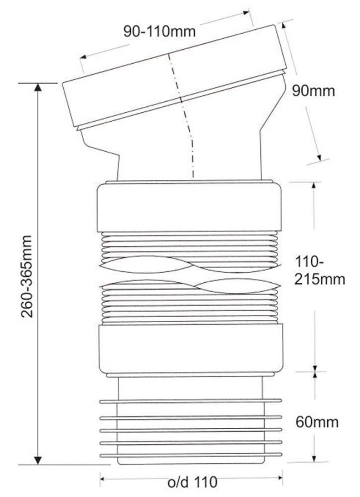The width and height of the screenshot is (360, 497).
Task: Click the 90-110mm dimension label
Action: pos(159,32)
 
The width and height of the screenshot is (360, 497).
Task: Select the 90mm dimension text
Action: pos(313,91)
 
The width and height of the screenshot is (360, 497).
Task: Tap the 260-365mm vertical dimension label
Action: pos(27,276)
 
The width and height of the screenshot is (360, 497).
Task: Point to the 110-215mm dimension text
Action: pos(320,271)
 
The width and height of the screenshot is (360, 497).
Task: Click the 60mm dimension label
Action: pos(317,422)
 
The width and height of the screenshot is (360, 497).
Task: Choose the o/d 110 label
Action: pos(192,482)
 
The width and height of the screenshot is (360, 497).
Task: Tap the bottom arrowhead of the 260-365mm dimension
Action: pos(38,460)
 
